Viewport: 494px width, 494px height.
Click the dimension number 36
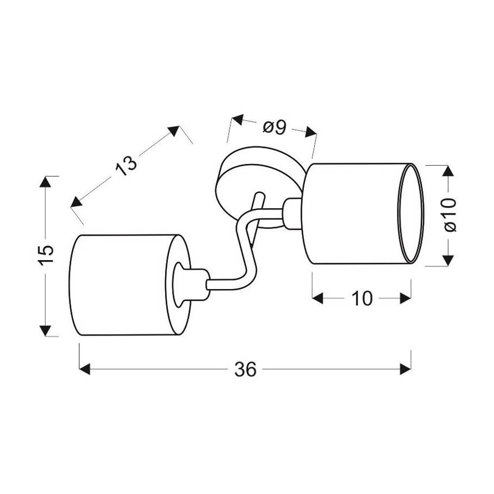(245, 369)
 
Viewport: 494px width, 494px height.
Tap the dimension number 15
(47, 254)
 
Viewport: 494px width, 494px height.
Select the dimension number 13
(126, 165)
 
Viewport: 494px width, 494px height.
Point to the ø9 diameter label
(274, 127)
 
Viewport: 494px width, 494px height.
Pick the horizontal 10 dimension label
(362, 298)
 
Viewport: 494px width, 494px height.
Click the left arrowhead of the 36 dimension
(84, 369)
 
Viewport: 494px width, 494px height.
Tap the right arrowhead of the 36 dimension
(405, 369)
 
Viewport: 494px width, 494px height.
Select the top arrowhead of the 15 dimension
(46, 182)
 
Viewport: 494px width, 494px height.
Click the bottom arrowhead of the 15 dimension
(46, 331)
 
